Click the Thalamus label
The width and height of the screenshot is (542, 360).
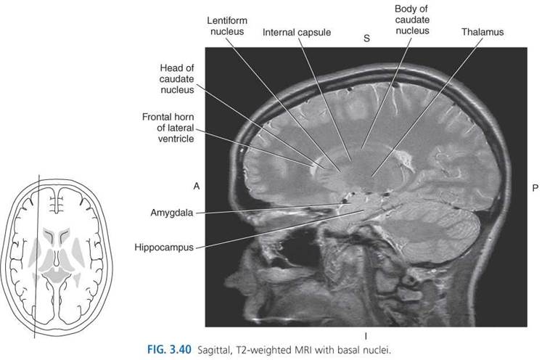coord(483,32)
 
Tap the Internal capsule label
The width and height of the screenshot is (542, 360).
coord(297,33)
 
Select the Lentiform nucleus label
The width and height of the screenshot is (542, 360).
coord(227,26)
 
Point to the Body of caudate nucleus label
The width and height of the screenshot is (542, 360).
coord(412,20)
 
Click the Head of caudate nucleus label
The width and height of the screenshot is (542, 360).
coord(176,79)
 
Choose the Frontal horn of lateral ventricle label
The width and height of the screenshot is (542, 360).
coord(168,128)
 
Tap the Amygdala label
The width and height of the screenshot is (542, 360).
coord(172,213)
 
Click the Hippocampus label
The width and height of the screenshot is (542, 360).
coord(164,247)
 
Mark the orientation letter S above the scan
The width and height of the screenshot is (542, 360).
coord(366,38)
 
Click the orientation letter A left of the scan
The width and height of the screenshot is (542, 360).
coord(197,187)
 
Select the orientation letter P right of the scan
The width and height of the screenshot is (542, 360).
coord(535,188)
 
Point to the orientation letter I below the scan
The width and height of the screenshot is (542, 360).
coord(366,336)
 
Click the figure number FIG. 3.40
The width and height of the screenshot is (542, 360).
coord(169,350)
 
